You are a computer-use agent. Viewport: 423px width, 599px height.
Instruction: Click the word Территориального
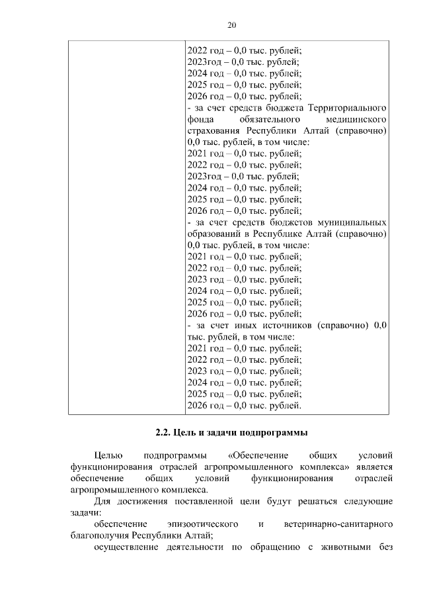(x=347, y=107)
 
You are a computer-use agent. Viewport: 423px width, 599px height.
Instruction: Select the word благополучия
(x=100, y=535)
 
